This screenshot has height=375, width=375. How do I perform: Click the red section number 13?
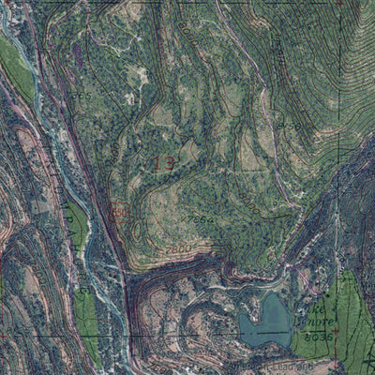(163, 164)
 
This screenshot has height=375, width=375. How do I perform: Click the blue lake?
(264, 322)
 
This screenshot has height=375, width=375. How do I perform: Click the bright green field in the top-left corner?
(16, 66)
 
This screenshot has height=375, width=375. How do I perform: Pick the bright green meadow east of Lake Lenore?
(351, 319)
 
